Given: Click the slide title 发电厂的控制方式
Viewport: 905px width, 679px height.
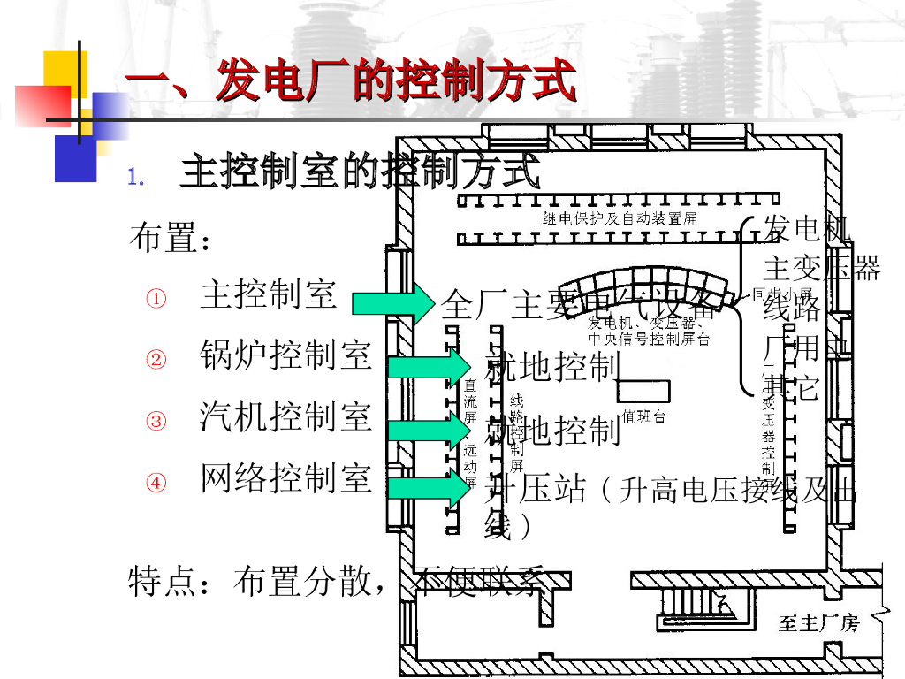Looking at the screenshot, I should pos(352,83).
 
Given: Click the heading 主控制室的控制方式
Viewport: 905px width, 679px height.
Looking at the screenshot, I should pos(359,172).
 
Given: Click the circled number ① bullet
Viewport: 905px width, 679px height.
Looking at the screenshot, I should pos(156,299).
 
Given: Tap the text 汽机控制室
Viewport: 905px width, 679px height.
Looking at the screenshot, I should pos(285,416).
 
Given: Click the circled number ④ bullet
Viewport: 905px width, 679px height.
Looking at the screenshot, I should pos(156,483).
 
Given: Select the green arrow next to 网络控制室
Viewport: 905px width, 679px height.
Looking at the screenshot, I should pos(429,488).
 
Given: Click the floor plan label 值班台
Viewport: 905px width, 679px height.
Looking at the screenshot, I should pos(643,416).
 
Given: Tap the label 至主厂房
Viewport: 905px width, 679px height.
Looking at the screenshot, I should pos(818,624).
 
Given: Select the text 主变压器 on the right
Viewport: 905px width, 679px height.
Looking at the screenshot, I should pos(822,268).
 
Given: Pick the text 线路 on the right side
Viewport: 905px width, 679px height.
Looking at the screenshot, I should pos(792,309).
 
